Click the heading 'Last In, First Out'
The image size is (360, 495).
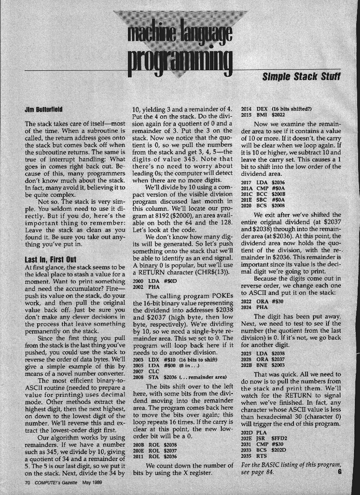pos(51,258)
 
